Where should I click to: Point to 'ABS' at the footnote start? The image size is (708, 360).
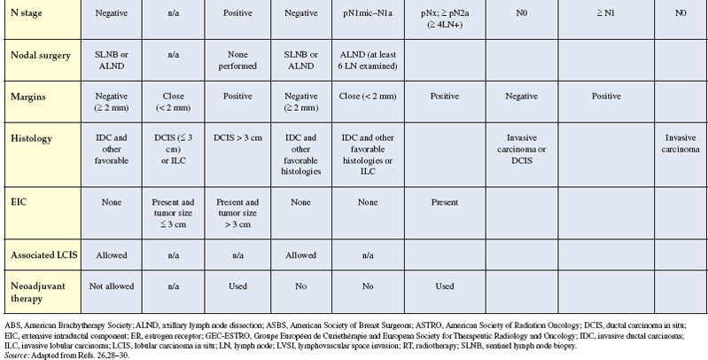[12, 320]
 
